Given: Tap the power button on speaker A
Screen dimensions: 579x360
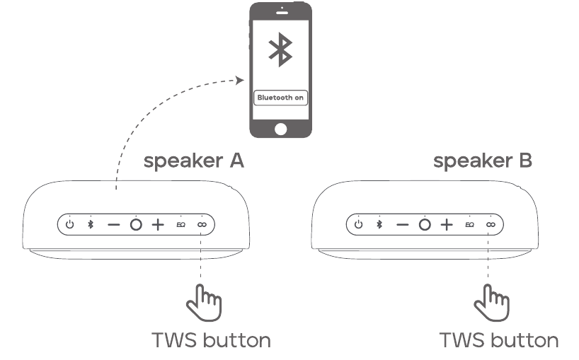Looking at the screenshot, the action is [x=70, y=224].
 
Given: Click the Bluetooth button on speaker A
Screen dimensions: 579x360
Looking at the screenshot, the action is [x=91, y=224].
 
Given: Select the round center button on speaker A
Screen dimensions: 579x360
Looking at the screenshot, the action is [x=136, y=225].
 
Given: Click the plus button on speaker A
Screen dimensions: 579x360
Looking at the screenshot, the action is [x=158, y=225].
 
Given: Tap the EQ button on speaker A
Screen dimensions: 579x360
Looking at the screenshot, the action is [x=181, y=225].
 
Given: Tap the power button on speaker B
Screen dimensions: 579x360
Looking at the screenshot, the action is [x=359, y=224].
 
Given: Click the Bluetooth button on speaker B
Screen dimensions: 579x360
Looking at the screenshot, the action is [x=379, y=224].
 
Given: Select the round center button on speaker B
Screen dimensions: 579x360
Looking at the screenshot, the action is [x=425, y=225].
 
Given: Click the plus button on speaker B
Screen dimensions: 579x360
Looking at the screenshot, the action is [x=447, y=225].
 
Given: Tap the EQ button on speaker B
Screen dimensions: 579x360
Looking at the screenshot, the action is [x=470, y=225].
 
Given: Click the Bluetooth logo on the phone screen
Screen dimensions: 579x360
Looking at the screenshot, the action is [x=280, y=50].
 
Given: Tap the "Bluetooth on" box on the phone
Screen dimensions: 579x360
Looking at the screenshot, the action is [x=280, y=98].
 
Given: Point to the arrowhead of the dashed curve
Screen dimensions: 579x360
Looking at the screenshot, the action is [x=240, y=80].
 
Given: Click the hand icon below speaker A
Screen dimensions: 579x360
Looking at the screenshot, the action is [x=204, y=303].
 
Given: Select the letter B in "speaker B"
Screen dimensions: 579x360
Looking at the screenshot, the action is [x=525, y=161].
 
